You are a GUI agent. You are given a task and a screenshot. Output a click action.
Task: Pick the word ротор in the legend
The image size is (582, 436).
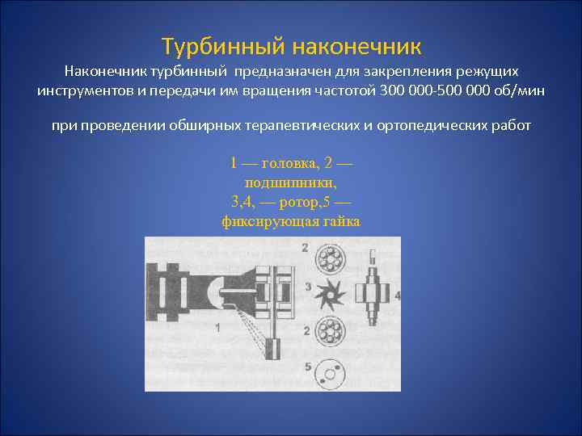point(286,202)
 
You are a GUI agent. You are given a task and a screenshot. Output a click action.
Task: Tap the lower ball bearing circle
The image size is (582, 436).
point(331,332)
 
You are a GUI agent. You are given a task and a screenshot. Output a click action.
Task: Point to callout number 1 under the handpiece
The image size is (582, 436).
point(217,327)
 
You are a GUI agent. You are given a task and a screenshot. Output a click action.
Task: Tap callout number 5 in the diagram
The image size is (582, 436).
point(307,367)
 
